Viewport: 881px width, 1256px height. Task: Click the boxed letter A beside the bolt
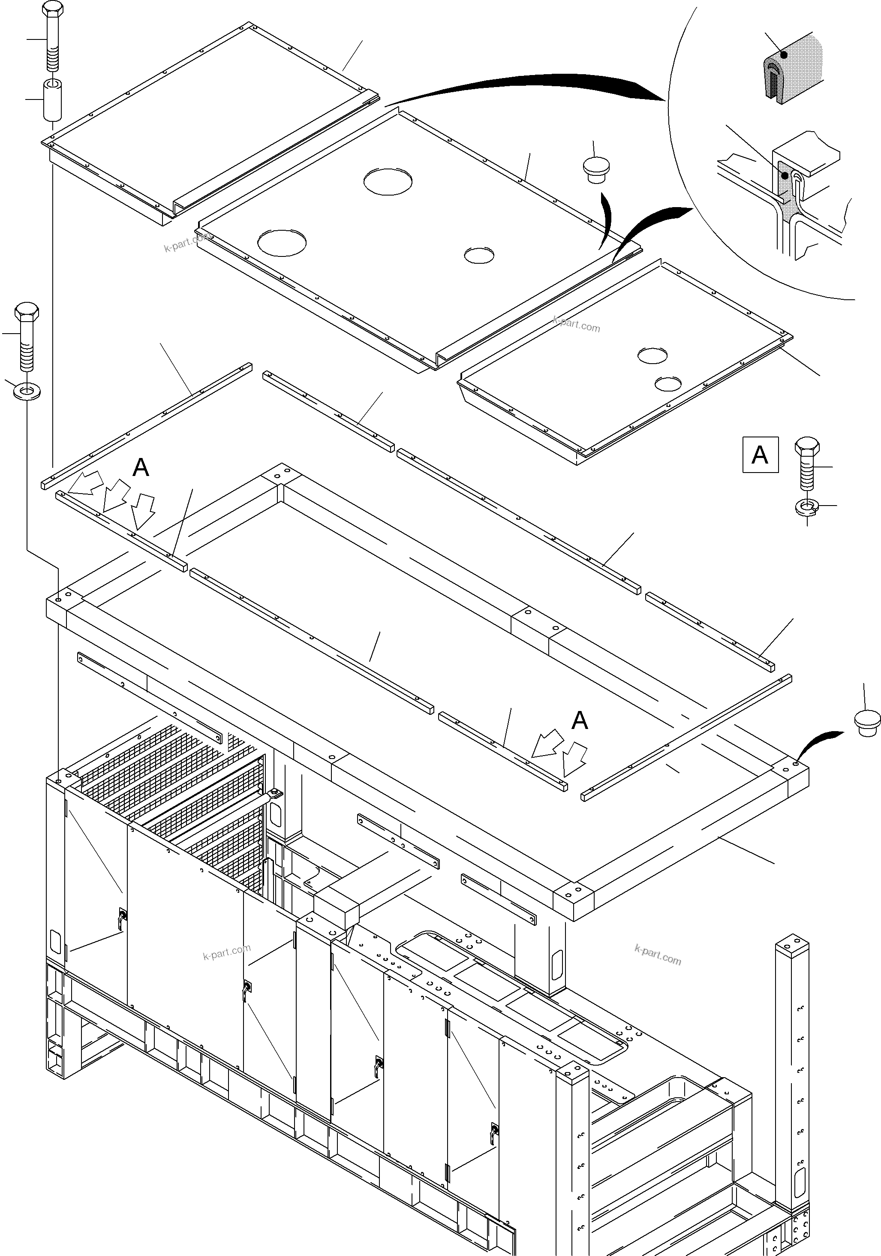point(760,455)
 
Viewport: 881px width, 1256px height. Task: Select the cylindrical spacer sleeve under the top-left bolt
point(52,99)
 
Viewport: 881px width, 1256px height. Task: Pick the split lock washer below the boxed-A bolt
point(807,507)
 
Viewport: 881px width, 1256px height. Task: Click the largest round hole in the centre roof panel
point(387,181)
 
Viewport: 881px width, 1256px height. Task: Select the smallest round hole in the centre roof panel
point(478,255)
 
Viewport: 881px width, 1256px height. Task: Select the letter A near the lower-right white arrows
point(580,720)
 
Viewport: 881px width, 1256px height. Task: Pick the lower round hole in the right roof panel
point(668,383)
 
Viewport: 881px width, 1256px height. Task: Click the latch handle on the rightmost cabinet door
point(494,1129)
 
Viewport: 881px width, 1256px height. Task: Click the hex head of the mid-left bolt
point(26,311)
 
